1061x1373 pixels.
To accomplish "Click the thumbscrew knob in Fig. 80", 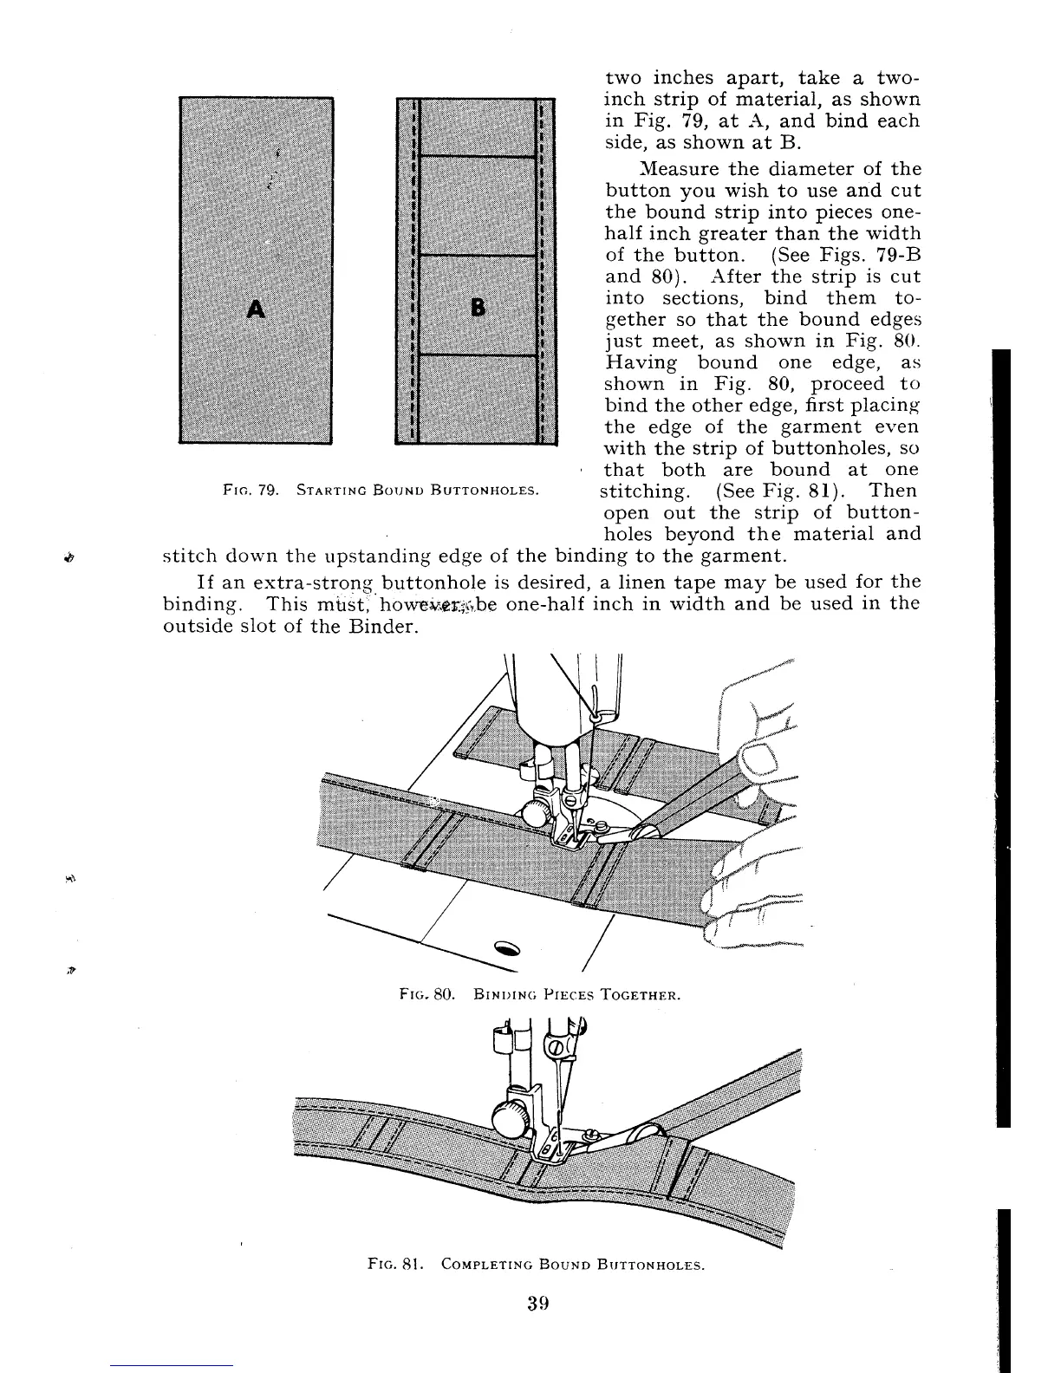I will tap(537, 812).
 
